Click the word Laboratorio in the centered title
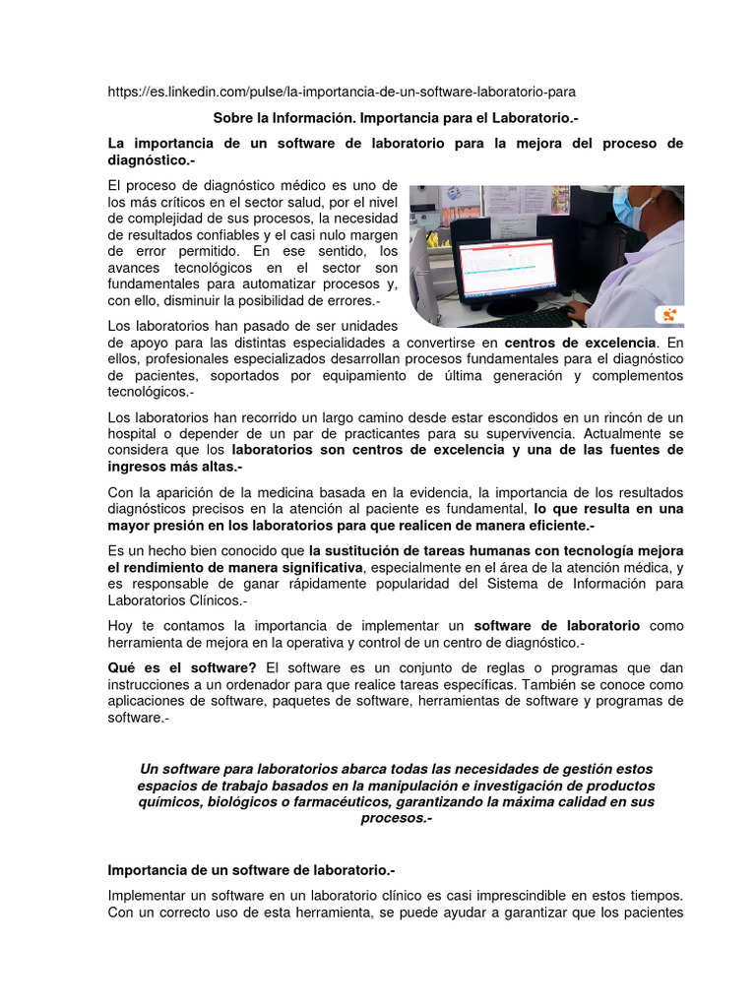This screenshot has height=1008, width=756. click(528, 117)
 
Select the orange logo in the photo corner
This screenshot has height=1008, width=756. click(670, 315)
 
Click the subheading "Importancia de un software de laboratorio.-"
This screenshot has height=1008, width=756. click(251, 870)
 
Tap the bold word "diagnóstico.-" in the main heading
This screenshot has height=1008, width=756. click(151, 159)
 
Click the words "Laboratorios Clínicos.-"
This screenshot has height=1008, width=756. click(177, 599)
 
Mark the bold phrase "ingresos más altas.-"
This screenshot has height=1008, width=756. click(175, 467)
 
